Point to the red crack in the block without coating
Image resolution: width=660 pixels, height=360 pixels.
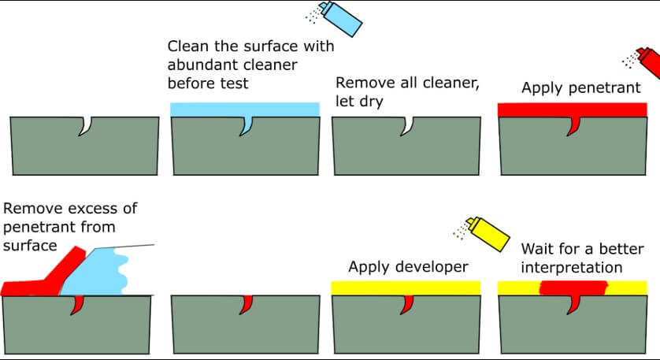[x=246, y=303]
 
